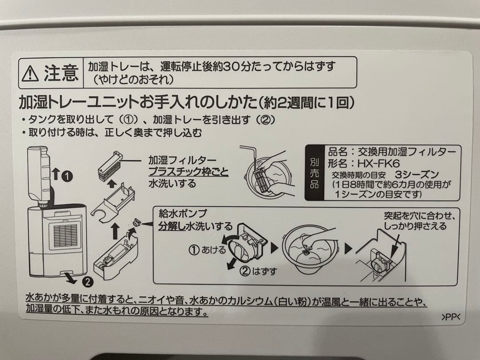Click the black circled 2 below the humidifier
point(87,281)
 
